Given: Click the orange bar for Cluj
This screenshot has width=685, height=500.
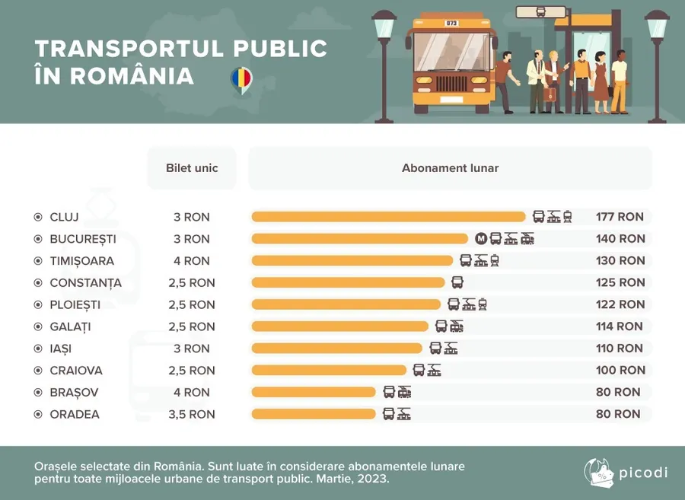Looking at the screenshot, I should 388,217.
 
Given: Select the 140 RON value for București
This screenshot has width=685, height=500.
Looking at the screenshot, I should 620,239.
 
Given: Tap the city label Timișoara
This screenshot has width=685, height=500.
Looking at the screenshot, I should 81,261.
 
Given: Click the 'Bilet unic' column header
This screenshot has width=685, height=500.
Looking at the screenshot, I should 192,167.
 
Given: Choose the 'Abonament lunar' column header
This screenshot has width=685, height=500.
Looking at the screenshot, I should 450,167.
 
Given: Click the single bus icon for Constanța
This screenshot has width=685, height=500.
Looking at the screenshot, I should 457,282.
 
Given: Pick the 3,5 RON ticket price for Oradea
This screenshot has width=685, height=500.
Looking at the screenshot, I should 192,415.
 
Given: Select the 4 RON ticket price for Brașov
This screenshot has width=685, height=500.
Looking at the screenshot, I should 192,393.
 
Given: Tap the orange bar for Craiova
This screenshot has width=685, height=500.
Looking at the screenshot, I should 329,371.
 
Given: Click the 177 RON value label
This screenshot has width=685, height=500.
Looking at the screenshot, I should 620,217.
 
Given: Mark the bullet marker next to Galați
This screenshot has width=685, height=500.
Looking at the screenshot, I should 38,326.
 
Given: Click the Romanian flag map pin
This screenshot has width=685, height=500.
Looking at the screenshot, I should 241,79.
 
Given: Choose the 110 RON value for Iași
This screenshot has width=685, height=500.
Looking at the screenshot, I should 620,349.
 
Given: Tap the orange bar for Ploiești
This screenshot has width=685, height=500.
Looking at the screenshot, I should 346,304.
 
